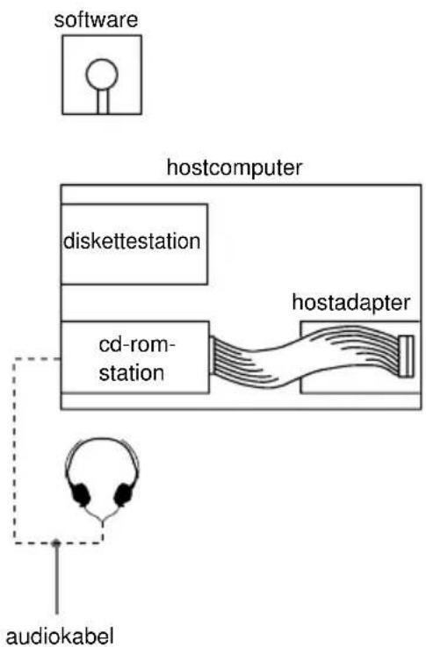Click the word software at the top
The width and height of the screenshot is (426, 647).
[x=97, y=18]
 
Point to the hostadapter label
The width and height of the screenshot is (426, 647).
[x=351, y=305]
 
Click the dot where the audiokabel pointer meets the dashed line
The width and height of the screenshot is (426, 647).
[x=56, y=543]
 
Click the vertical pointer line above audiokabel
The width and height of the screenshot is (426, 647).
[x=56, y=579]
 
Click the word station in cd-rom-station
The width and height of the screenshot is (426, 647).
[x=133, y=372]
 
